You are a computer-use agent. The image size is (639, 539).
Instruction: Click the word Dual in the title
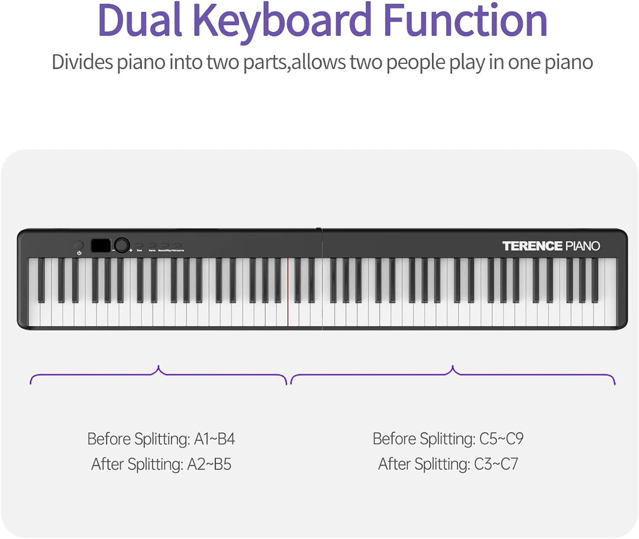point(139,21)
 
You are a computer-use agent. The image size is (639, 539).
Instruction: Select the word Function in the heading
point(465,21)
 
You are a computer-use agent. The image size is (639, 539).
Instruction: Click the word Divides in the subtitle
point(82,62)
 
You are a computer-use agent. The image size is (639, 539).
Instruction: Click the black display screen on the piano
point(101,245)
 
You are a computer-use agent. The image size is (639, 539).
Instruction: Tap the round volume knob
point(122,245)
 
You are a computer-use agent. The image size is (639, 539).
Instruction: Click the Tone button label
point(139,251)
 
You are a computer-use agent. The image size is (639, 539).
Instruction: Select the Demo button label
point(152,251)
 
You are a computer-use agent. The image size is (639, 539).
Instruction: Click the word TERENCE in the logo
point(532,246)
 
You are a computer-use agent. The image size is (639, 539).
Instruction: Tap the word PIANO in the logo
point(582,246)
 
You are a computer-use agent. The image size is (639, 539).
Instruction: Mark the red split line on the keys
point(288,292)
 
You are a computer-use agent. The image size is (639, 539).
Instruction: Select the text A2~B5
point(209,465)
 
